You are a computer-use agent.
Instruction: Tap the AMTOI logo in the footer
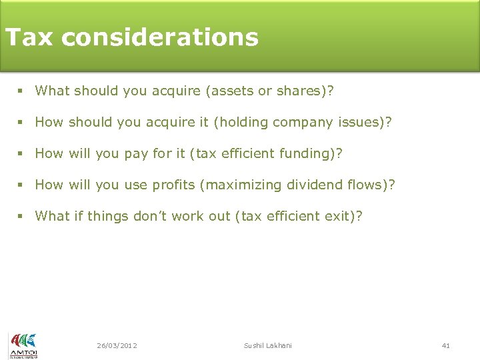[23, 345]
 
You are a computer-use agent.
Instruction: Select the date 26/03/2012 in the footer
[117, 345]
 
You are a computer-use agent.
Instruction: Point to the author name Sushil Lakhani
[267, 345]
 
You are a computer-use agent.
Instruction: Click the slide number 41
[446, 345]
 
